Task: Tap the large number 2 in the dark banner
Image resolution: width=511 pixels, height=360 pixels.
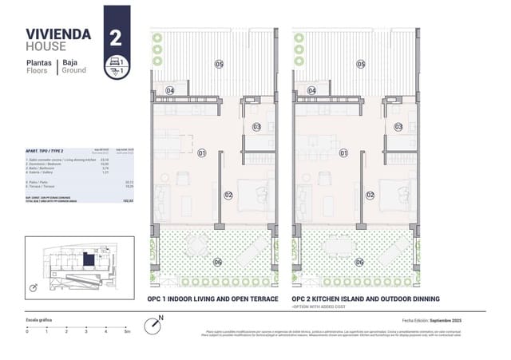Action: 117,36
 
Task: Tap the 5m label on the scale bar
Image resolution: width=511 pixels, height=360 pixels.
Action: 126,330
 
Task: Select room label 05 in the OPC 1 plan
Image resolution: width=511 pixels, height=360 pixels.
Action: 218,64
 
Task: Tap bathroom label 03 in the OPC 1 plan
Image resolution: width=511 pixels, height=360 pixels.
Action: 256,126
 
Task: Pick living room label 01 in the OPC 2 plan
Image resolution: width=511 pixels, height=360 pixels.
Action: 343,152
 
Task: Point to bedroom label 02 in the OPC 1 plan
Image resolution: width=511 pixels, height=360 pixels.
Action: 228,195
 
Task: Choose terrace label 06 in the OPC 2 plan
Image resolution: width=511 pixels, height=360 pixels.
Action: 359,261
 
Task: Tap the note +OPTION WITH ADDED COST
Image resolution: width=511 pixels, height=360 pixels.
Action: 323,307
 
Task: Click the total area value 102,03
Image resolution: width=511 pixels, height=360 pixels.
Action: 127,202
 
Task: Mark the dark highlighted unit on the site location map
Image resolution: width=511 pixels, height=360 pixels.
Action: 88,259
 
